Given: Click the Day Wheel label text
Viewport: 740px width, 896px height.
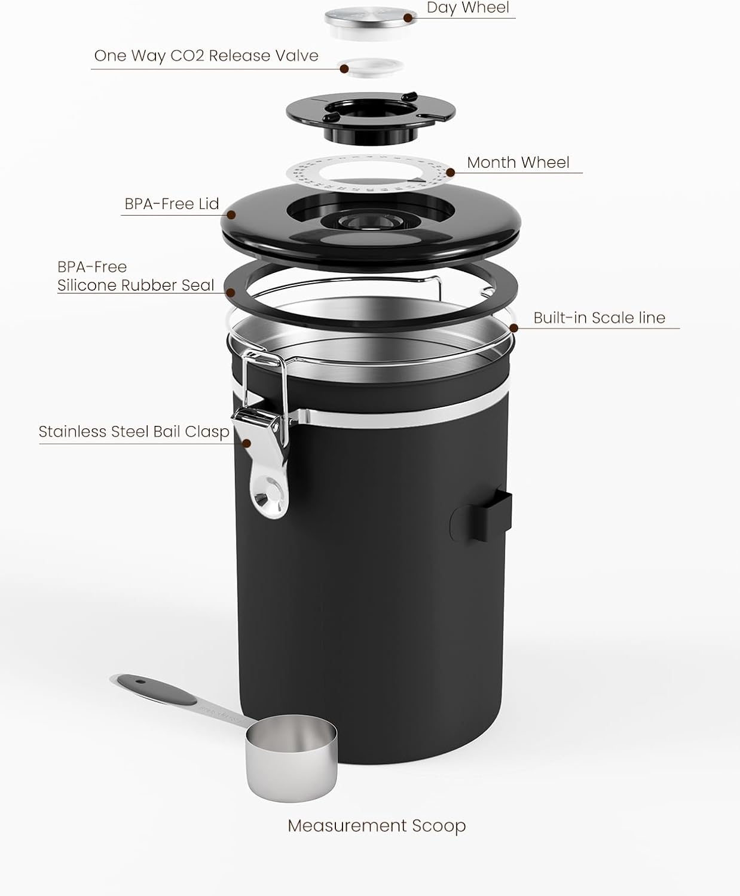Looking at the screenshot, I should click(467, 8).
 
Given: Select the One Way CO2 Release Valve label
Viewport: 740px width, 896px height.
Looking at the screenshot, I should click(206, 56).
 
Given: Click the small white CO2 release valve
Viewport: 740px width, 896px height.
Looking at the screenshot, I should click(371, 67).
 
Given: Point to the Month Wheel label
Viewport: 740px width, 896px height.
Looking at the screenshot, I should click(518, 162).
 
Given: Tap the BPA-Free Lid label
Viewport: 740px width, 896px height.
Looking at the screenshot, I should click(172, 204).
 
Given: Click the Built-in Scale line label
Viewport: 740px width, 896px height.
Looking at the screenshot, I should click(599, 318).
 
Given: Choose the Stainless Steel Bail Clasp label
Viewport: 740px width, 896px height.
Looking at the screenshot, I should click(134, 432).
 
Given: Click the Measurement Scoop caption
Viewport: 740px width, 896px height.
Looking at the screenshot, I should click(377, 826).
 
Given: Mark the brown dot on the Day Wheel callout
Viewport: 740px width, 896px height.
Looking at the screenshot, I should click(408, 17).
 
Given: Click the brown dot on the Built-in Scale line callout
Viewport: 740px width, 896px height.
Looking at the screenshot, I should click(513, 327).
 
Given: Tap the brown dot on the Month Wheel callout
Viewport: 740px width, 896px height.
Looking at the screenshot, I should click(450, 173).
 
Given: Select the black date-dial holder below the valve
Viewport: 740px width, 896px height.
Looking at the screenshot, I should click(371, 113).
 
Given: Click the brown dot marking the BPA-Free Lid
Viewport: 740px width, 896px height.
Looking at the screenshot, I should click(231, 214).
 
